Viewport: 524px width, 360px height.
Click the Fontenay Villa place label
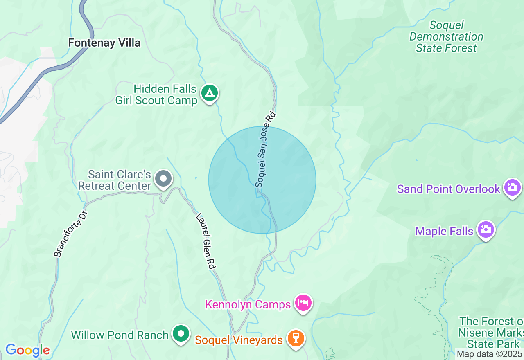point(104,43)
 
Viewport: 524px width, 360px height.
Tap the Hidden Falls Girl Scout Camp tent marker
point(210,94)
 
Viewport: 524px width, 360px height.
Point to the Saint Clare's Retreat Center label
point(115,180)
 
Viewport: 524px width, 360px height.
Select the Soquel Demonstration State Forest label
point(446,37)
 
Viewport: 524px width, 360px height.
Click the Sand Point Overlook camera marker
point(512,187)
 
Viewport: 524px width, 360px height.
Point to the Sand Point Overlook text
point(449,189)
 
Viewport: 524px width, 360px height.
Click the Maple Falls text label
point(444,232)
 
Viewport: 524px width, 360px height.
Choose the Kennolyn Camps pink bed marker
point(303,303)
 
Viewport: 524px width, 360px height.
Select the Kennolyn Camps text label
point(248,305)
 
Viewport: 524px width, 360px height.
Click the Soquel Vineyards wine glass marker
point(296,338)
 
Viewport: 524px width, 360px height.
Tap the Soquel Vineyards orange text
point(239,340)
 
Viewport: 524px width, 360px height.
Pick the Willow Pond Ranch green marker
point(181,333)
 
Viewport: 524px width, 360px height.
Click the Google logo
point(27,350)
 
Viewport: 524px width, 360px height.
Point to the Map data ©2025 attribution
point(489,354)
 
